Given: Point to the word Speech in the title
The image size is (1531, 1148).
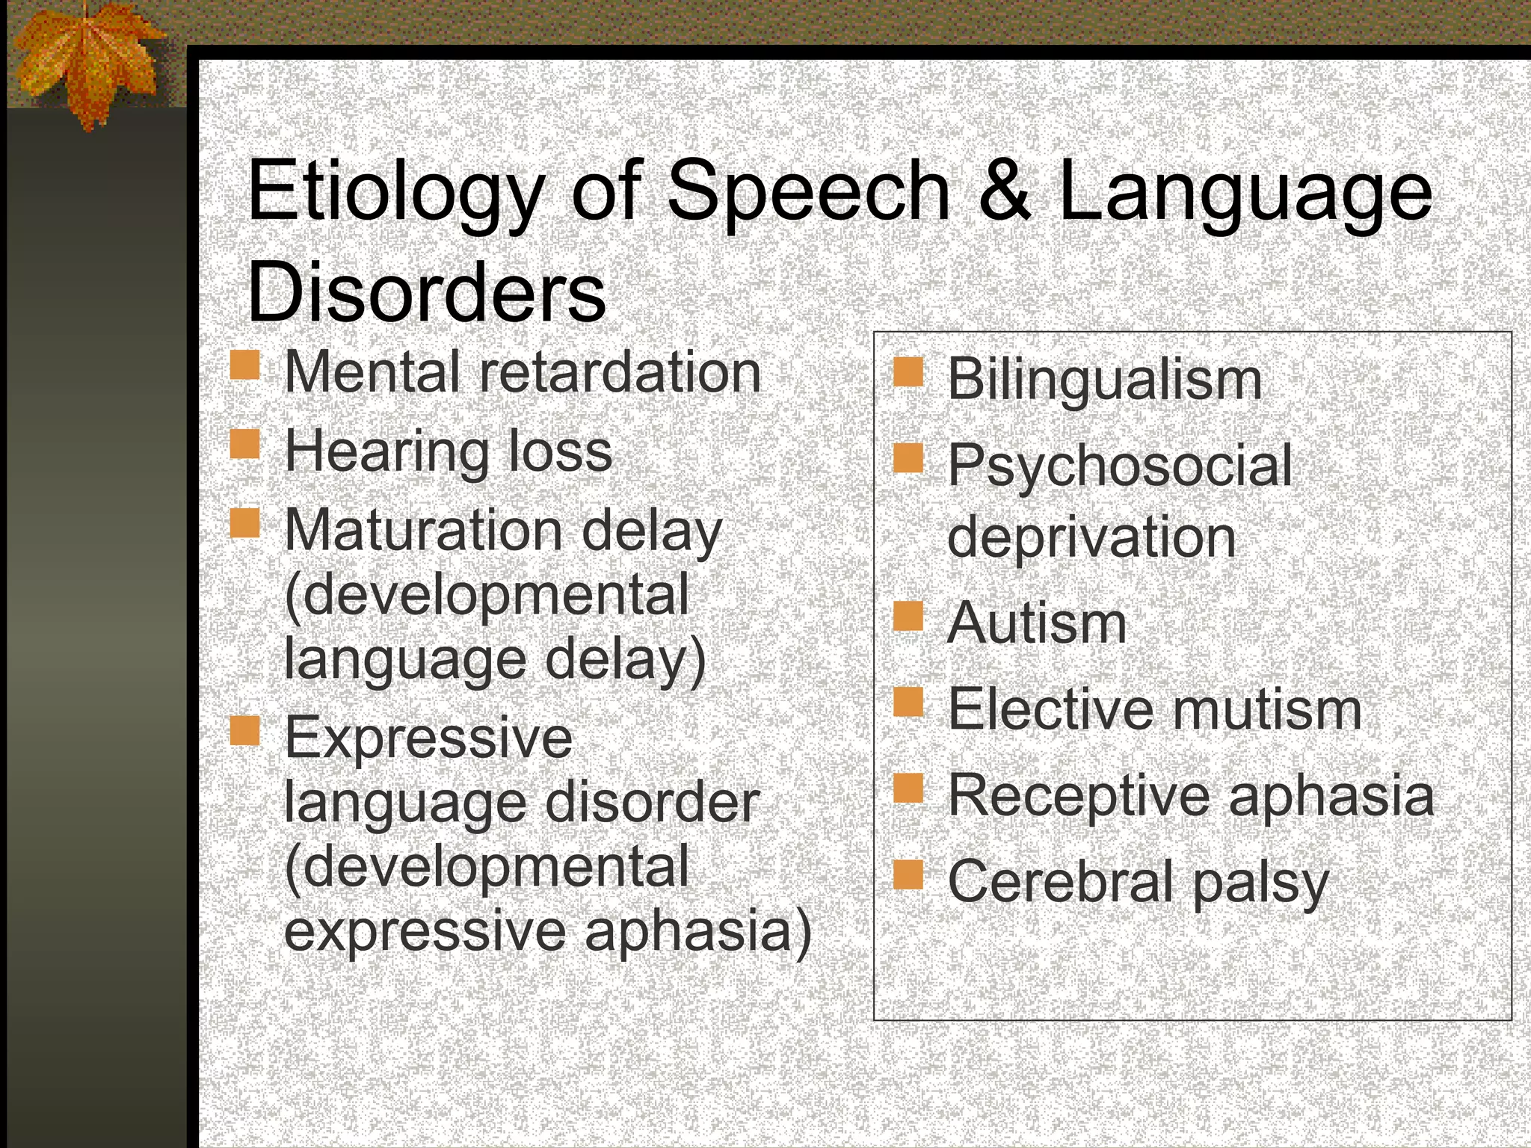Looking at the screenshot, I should (x=808, y=193).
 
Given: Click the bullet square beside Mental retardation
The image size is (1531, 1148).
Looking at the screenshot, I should (x=244, y=366).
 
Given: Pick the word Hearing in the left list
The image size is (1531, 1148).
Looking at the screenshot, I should (x=386, y=452).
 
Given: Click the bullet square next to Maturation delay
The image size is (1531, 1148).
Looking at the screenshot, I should (x=244, y=523).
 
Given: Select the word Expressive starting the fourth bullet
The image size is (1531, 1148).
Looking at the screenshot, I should (x=428, y=737).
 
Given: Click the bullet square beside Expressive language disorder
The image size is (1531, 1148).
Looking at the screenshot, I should (x=244, y=731).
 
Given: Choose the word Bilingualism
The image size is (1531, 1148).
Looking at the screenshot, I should (x=1105, y=380).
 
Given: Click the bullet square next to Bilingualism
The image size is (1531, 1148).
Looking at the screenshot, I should (x=908, y=372).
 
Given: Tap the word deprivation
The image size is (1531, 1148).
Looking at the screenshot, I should (x=1091, y=537).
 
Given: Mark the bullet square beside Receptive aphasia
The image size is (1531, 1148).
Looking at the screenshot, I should (x=908, y=788).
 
